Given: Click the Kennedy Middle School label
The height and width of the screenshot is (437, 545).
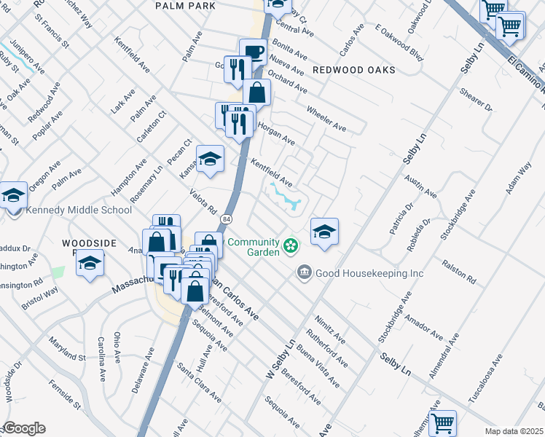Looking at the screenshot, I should [x=79, y=210].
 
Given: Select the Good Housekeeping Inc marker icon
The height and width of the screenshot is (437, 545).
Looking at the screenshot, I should [x=305, y=273].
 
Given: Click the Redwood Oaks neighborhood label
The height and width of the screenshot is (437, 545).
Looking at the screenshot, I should [x=353, y=70].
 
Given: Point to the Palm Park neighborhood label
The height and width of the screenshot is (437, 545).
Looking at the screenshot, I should [x=186, y=6].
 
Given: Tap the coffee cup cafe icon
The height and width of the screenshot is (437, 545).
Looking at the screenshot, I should [x=253, y=52].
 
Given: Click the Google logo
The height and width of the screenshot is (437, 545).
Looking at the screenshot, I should [x=23, y=428].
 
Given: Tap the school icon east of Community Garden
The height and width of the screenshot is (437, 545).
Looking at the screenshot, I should [x=324, y=232].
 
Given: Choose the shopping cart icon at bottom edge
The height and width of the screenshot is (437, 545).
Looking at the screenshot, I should [x=442, y=422].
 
